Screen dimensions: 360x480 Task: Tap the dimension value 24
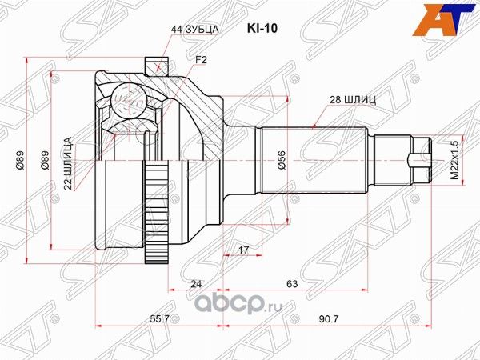(197, 282)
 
